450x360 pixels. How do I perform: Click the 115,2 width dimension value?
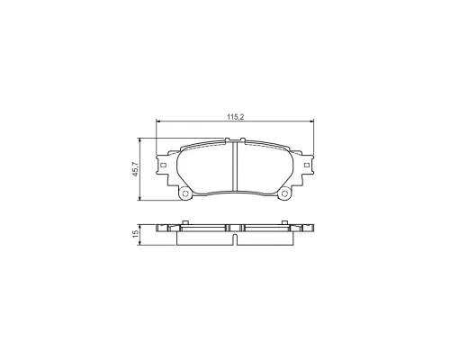pyautogui.click(x=235, y=117)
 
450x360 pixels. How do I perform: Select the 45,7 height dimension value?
pyautogui.click(x=135, y=169)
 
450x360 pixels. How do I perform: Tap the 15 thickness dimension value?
pyautogui.click(x=135, y=233)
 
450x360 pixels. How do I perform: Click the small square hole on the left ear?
pyautogui.click(x=164, y=165)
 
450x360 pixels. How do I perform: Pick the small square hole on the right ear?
pyautogui.click(x=306, y=165)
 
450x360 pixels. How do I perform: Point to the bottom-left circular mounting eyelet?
pyautogui.click(x=184, y=193)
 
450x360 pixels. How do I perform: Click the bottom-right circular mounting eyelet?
pyautogui.click(x=284, y=194)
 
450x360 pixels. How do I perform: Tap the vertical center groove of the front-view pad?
pyautogui.click(x=235, y=166)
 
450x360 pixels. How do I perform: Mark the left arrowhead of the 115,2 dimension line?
pyautogui.click(x=158, y=121)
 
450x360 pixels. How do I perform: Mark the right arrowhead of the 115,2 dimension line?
pyautogui.click(x=311, y=121)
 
